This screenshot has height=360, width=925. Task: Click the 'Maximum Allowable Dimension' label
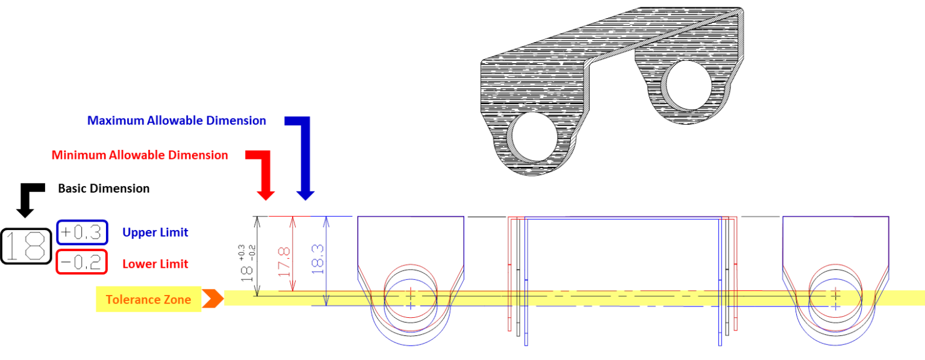click(x=176, y=120)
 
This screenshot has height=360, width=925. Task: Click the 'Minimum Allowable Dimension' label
click(x=140, y=155)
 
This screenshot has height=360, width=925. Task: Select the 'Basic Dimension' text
click(x=104, y=188)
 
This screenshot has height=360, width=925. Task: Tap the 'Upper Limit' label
click(x=155, y=232)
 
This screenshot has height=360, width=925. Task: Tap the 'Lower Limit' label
click(x=155, y=264)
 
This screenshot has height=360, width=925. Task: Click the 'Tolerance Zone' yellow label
click(x=149, y=299)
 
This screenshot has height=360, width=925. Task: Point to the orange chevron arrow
click(x=213, y=299)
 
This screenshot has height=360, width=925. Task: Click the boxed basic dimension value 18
click(x=26, y=246)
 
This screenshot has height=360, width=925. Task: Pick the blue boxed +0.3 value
click(x=82, y=232)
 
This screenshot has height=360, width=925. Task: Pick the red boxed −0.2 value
click(x=82, y=262)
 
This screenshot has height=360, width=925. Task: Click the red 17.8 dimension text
click(x=284, y=262)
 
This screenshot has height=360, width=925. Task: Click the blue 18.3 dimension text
click(x=317, y=259)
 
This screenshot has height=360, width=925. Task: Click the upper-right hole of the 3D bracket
click(x=687, y=86)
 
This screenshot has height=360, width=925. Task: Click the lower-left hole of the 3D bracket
click(x=532, y=137)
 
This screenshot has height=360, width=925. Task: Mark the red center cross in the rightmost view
click(x=835, y=296)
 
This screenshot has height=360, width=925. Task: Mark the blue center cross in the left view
click(x=411, y=306)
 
